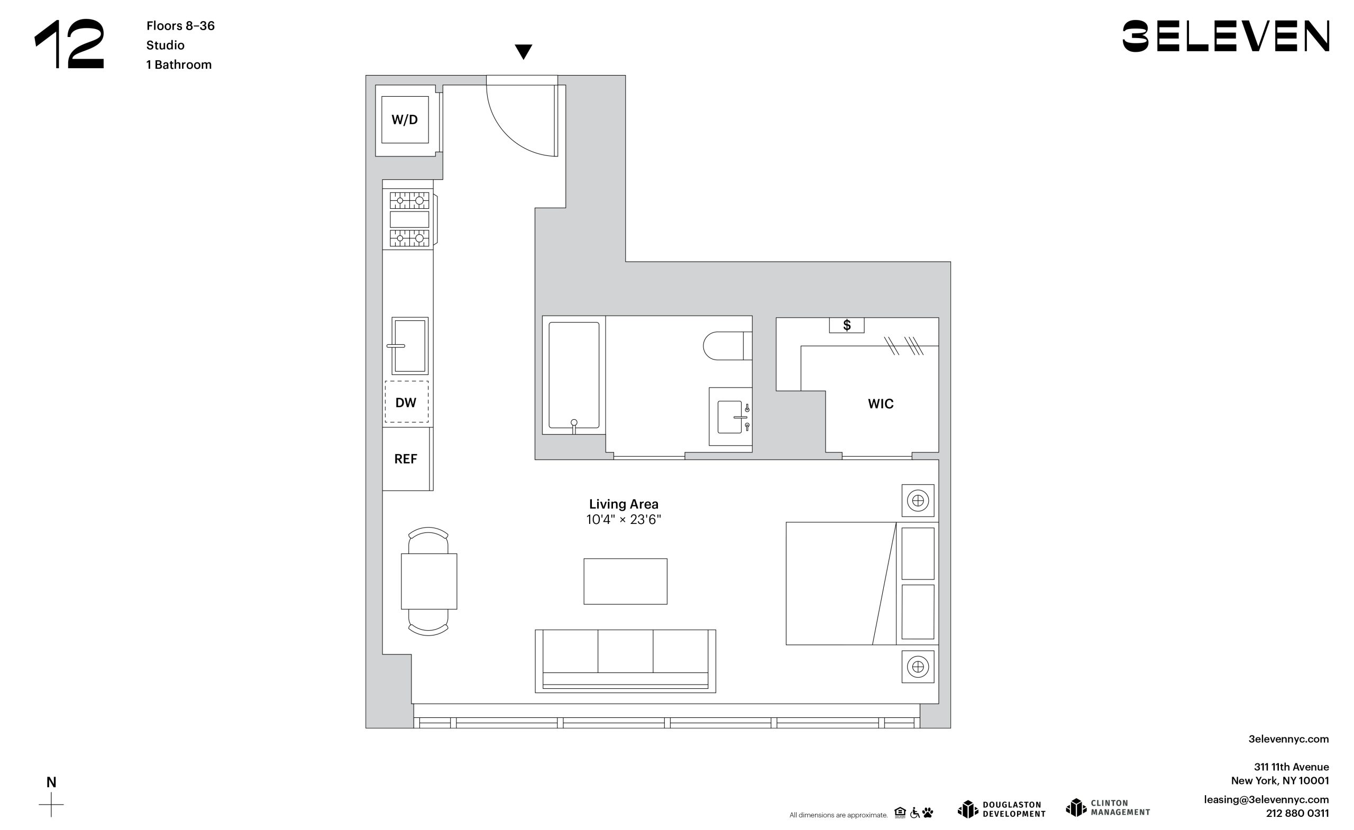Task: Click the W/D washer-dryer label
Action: [405, 120]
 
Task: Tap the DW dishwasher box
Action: [407, 402]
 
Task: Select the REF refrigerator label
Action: [406, 459]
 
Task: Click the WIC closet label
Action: [880, 404]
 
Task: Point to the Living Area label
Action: [624, 504]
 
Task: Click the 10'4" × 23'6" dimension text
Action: [624, 520]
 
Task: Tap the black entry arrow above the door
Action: [523, 52]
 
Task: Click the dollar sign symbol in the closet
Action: [847, 325]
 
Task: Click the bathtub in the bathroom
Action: [574, 375]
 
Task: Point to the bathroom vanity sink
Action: [730, 417]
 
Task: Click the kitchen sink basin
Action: [409, 346]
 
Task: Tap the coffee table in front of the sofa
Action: [625, 581]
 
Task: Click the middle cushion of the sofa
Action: [625, 651]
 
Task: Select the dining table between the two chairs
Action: [429, 581]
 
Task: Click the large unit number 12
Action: [70, 44]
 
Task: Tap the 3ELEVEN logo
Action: [1225, 36]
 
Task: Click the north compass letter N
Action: [51, 782]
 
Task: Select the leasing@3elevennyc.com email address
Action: [1266, 799]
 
